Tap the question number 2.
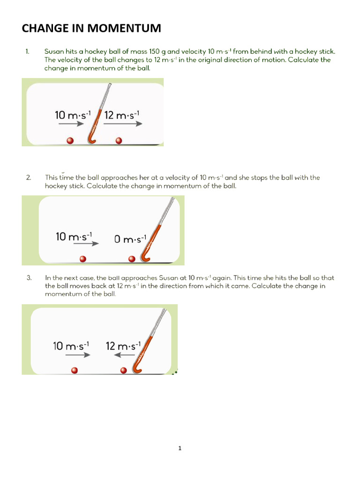(29, 178)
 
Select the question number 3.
(29, 277)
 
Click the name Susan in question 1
(54, 51)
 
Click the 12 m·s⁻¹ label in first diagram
(122, 114)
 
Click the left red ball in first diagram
(70, 140)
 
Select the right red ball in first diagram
(119, 140)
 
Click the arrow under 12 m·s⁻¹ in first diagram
(123, 125)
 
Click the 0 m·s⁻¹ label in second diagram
(131, 239)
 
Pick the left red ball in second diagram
(83, 259)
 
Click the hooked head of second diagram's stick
(146, 258)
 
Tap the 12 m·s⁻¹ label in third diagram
(123, 346)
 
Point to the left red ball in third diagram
(74, 370)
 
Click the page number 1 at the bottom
(180, 448)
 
